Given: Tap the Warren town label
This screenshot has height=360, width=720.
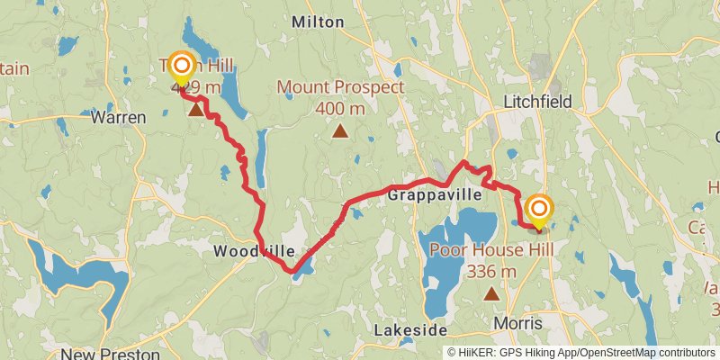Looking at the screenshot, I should pos(119,118).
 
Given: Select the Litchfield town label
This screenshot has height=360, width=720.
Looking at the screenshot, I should pos(539,103).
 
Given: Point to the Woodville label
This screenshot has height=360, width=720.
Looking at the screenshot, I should pos(241,252).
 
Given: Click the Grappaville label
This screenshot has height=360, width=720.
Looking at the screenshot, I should pos(436,193).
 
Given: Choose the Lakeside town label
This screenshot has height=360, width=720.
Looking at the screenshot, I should pos(410,330).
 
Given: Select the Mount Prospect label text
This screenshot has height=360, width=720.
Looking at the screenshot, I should pos(340,88).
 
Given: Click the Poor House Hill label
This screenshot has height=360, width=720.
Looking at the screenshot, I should pos(491,250).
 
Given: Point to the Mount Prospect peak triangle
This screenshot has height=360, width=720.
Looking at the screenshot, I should pos(340,132).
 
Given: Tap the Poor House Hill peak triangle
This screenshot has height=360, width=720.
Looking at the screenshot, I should pos(491,292).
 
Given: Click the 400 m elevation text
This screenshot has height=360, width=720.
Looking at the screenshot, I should pos(340,109).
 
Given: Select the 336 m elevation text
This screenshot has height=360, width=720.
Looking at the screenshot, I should pos(491,270).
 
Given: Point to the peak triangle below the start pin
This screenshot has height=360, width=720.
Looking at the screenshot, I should pos(195,109).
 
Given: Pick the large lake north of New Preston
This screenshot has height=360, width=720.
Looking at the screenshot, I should pos(81,274).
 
